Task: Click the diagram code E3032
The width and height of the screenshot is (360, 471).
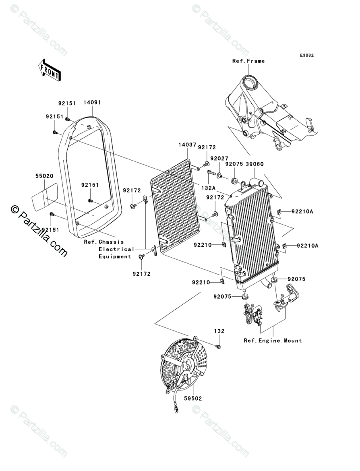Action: tap(306, 55)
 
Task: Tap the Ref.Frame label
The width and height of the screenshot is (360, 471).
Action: tap(248, 61)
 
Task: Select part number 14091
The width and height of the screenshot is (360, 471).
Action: tap(92, 102)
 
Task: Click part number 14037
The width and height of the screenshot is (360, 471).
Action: tap(187, 145)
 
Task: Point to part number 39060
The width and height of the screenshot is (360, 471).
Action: tap(254, 164)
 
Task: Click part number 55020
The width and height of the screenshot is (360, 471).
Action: tap(44, 176)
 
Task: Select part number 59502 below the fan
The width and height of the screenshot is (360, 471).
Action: tap(193, 398)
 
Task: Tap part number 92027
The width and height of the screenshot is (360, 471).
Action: tap(219, 158)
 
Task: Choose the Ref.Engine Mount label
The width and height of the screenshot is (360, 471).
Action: tap(273, 340)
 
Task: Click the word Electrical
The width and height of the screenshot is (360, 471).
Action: tap(116, 249)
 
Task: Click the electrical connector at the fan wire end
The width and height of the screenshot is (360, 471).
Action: tap(176, 409)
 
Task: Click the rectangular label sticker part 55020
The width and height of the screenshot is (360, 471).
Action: tap(44, 197)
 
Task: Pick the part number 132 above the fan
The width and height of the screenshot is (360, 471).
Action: tap(219, 331)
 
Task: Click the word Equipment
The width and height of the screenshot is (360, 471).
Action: tap(115, 256)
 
